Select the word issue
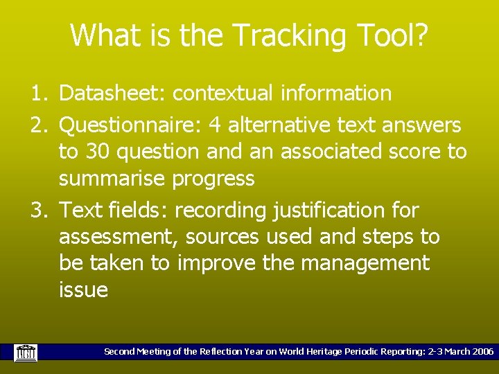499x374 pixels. click(83, 290)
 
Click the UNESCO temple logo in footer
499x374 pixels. click(26, 352)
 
